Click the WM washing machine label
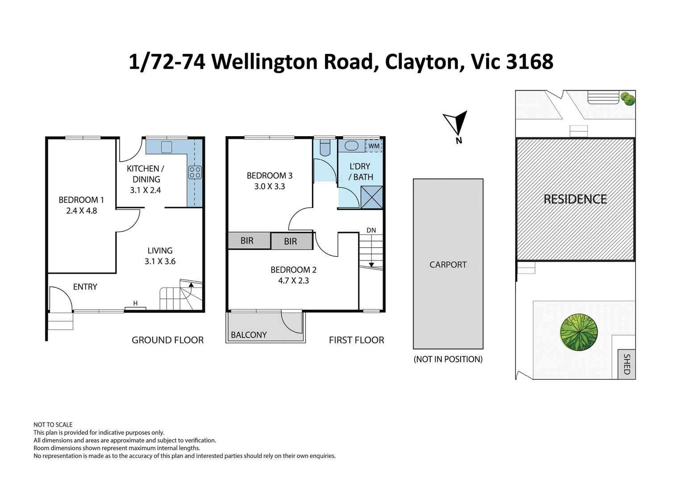click(x=374, y=146)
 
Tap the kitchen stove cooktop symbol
click(x=195, y=172)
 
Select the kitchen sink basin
click(x=166, y=147)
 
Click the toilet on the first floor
click(x=325, y=148)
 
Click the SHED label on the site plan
click(x=627, y=364)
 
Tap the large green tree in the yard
click(x=579, y=332)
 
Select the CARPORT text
click(x=448, y=265)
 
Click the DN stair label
click(x=371, y=230)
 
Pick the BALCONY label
click(x=249, y=335)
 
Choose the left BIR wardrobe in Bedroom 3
click(x=250, y=241)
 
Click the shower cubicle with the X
click(x=371, y=197)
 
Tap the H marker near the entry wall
click(x=136, y=303)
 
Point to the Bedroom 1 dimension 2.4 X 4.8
click(x=82, y=211)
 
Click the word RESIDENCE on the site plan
click(x=575, y=199)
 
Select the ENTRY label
click(x=85, y=287)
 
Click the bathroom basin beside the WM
click(x=351, y=146)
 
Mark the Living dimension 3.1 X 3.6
click(x=160, y=261)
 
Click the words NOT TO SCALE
click(x=53, y=424)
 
